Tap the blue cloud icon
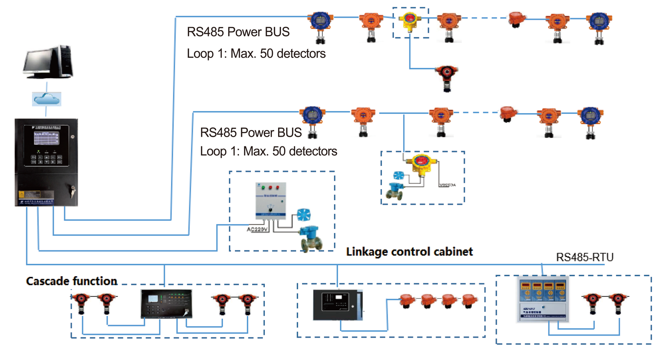[47, 99]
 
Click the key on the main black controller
[73, 191]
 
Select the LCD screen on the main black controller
[46, 138]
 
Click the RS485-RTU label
[584, 257]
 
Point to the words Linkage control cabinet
[409, 252]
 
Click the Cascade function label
[72, 281]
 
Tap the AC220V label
[257, 229]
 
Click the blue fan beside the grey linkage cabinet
[304, 215]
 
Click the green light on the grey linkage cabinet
[263, 187]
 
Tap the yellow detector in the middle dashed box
[421, 164]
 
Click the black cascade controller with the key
[166, 303]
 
